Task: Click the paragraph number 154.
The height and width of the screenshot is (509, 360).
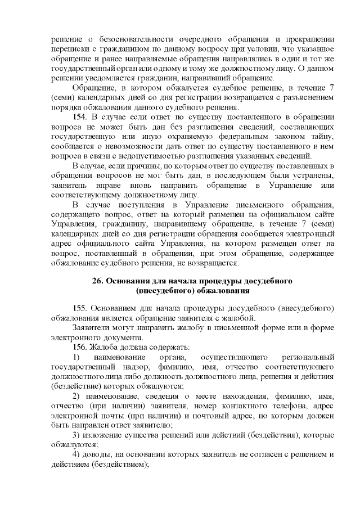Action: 80,117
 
